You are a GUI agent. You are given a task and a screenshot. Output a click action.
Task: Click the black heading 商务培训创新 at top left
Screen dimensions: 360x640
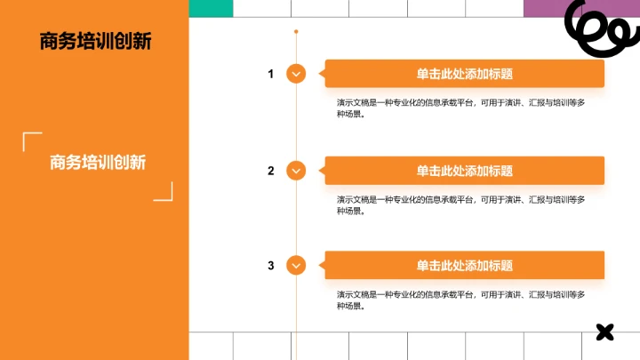[95, 41]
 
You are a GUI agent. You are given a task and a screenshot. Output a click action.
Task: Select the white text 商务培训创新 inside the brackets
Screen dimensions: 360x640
[98, 163]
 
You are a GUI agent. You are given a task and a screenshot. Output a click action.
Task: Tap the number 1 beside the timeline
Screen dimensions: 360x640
[271, 74]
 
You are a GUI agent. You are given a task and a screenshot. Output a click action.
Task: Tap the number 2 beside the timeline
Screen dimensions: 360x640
[271, 171]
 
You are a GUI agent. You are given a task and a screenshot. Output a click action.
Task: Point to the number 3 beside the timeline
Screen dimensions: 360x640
[271, 266]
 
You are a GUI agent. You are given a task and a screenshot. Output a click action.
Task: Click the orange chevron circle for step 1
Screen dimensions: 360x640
[296, 74]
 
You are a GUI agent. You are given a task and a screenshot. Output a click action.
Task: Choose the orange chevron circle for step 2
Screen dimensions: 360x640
[296, 171]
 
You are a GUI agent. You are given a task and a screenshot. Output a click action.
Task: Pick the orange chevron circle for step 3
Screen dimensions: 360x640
[296, 266]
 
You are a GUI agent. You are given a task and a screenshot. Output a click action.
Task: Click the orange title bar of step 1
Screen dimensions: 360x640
[464, 74]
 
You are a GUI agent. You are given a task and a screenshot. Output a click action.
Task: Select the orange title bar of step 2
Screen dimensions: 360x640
[464, 171]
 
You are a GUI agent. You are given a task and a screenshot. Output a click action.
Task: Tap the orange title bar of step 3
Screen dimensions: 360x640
[464, 266]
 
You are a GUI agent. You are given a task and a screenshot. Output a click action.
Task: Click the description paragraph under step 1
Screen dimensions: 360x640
[460, 108]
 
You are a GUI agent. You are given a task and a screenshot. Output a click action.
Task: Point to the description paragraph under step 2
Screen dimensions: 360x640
[460, 204]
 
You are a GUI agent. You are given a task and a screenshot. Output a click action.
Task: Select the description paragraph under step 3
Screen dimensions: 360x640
[460, 300]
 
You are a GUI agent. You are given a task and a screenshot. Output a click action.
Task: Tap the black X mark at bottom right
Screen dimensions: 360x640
[604, 332]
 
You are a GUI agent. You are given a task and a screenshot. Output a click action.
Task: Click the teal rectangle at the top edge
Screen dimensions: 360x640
[212, 8]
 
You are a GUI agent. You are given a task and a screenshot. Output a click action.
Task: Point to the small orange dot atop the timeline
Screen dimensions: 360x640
[296, 32]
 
